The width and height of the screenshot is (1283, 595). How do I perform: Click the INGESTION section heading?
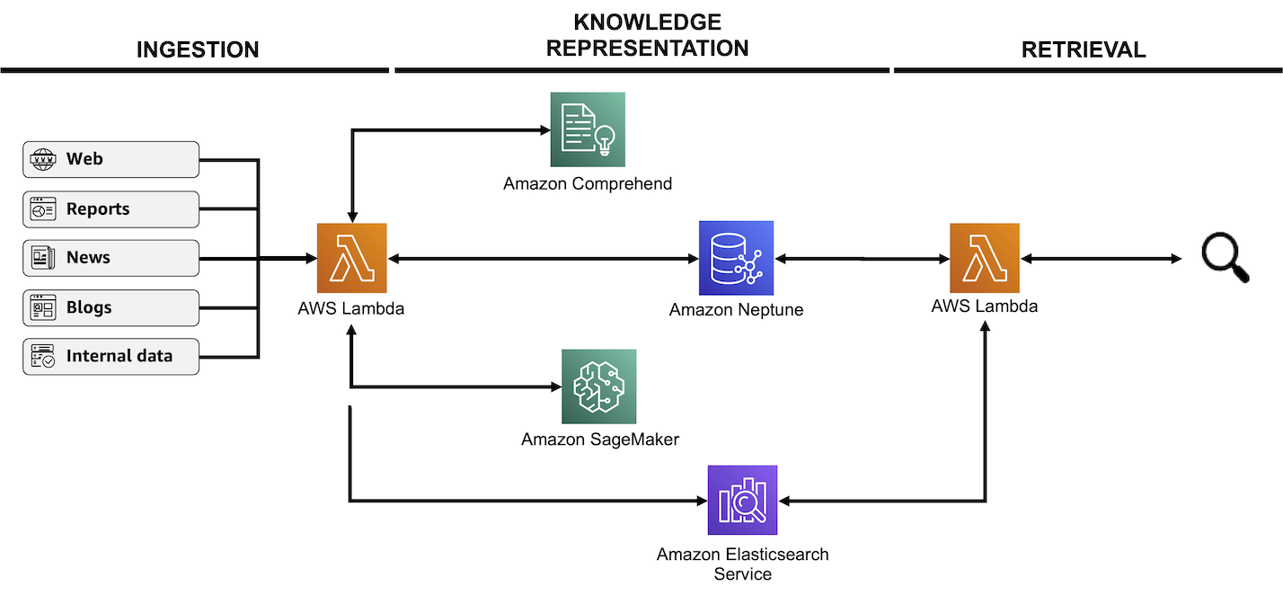point(198,49)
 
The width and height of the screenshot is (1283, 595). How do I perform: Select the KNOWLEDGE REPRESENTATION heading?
point(647,35)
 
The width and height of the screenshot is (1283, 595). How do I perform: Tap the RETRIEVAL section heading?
point(1084,49)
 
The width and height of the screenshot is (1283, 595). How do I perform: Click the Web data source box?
point(111,160)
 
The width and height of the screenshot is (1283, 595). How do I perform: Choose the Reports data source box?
point(111,209)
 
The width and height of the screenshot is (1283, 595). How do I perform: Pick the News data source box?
point(111,258)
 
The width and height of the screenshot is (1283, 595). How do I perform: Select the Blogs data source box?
point(111,307)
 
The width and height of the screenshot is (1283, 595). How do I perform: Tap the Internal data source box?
point(111,356)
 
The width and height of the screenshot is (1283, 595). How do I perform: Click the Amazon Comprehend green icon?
point(588,129)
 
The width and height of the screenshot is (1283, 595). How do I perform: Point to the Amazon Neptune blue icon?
point(736,258)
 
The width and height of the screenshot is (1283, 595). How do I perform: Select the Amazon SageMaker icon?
point(599,386)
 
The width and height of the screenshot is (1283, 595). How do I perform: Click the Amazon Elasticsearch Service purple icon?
point(742,500)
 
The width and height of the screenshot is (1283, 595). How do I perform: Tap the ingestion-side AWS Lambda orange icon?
point(351,258)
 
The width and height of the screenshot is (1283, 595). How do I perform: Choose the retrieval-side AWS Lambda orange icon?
point(985,258)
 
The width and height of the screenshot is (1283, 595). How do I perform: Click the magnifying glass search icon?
point(1225,258)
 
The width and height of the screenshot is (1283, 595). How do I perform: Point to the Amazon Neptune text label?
point(736,310)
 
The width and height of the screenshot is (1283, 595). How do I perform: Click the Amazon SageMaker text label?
point(600,440)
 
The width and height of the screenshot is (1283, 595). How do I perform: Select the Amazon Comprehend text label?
point(588,184)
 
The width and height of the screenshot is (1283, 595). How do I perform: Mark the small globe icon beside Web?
point(42,160)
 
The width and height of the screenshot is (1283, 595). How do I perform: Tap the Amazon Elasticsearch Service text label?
point(742,564)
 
